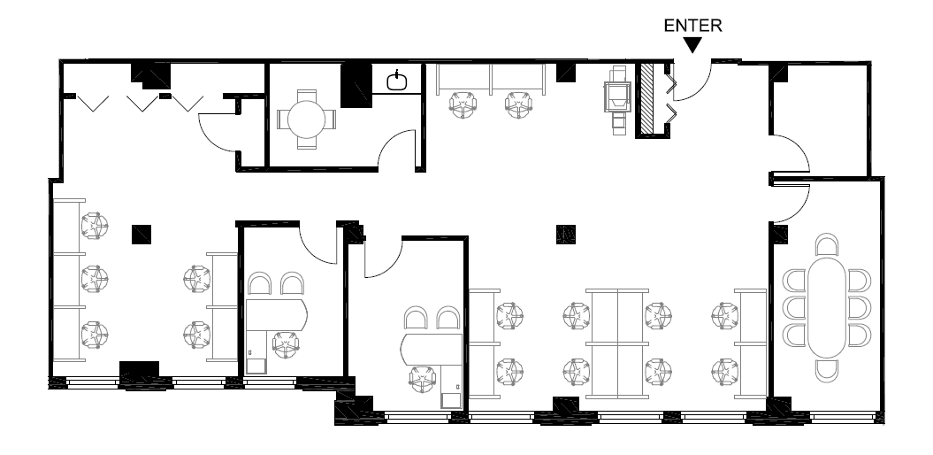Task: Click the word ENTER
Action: click(692, 26)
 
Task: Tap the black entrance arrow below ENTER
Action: click(692, 44)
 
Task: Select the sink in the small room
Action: click(397, 81)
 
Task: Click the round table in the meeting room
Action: click(307, 120)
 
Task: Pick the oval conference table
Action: click(827, 307)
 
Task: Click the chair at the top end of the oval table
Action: click(827, 245)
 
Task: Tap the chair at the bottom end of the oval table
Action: click(827, 370)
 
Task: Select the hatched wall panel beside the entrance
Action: click(646, 99)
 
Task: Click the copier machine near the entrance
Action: click(617, 97)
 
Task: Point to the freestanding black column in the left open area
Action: click(141, 234)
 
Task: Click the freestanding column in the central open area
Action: click(566, 234)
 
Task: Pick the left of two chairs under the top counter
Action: click(463, 104)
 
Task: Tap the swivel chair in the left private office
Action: click(286, 345)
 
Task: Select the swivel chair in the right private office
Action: click(422, 379)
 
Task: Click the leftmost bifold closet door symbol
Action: click(93, 104)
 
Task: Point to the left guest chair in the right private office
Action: click(416, 318)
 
